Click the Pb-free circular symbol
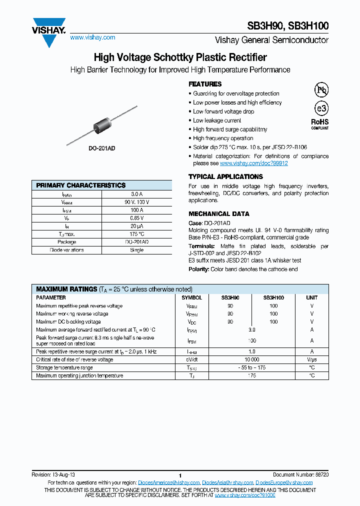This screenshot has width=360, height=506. (320, 90)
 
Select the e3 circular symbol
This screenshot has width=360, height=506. (320, 108)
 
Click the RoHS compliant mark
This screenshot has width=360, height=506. (320, 123)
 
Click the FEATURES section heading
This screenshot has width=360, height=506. (205, 84)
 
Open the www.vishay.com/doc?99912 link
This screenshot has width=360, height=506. (253, 163)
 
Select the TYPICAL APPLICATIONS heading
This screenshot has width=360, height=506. (225, 176)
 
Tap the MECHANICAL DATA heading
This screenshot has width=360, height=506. (215, 213)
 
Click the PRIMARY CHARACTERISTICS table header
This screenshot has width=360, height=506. (81, 185)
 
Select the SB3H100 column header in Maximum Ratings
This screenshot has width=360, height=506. (273, 297)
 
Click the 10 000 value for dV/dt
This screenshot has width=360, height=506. (251, 359)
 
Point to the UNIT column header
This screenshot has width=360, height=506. (311, 297)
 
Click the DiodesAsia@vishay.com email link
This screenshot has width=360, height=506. (228, 482)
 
